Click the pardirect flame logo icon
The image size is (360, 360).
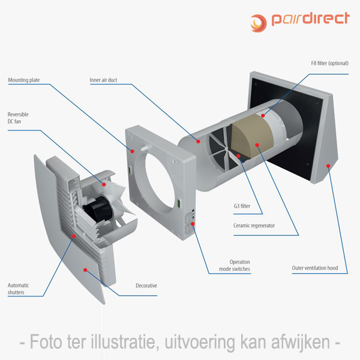259,23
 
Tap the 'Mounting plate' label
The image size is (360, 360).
24,80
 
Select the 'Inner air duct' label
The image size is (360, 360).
103,80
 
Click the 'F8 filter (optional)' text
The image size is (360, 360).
329,64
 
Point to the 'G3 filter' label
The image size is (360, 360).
242,206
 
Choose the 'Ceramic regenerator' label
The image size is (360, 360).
254,226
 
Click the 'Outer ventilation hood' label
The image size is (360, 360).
315,268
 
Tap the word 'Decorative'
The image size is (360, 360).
146,286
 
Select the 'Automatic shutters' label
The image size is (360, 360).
18,289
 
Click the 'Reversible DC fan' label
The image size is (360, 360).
18,118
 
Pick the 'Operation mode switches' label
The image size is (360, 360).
235,265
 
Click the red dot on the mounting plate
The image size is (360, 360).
132,151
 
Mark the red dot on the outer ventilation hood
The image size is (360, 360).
328,166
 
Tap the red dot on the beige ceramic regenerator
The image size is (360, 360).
257,145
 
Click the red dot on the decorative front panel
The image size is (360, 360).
85,270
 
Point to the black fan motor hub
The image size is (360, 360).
98,208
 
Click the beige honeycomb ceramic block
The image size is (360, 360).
251,137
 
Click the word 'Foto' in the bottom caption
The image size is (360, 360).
46,341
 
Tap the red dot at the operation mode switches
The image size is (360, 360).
193,224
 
